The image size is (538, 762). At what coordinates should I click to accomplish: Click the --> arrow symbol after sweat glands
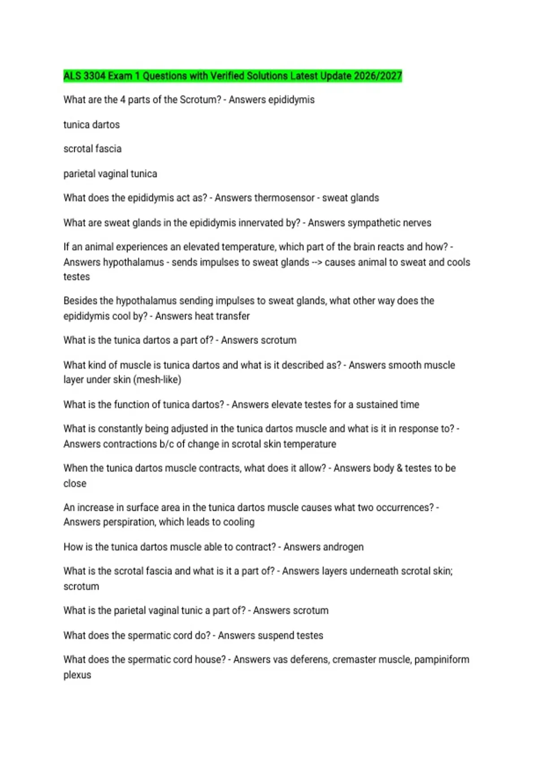click(x=317, y=262)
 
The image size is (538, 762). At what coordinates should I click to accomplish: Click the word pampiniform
click(x=442, y=659)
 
